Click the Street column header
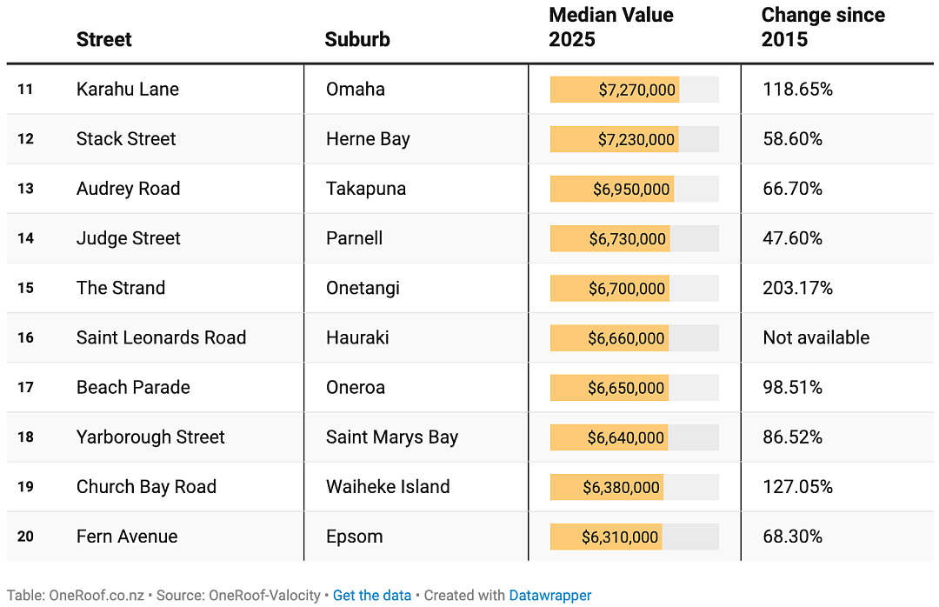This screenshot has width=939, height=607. point(104,39)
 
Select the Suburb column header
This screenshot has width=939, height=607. point(357,39)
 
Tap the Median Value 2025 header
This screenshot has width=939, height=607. point(611,27)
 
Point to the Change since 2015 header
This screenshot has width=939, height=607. point(822,27)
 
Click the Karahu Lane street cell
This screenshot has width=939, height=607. point(128,90)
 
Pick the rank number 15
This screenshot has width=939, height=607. point(26,288)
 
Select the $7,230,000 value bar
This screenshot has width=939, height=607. point(615,140)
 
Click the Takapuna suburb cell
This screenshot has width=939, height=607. point(366,189)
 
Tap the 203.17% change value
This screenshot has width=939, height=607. point(797,288)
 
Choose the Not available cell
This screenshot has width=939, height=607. point(816,338)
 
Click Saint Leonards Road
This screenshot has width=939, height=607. point(161,338)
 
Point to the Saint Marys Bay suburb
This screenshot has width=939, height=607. point(392,437)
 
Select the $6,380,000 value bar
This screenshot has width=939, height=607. point(607,487)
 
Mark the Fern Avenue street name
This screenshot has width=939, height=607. point(127,537)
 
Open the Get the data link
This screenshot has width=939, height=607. point(372,596)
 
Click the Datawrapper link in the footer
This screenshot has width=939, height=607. point(550,596)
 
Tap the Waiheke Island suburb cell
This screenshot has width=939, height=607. point(388,487)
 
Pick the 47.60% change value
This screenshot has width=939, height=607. point(792,238)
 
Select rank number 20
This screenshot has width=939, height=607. point(26,537)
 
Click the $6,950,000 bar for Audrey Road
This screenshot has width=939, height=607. point(612,190)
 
